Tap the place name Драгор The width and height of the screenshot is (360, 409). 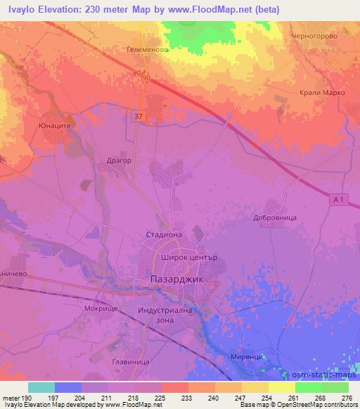click(119, 160)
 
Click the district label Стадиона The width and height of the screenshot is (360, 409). click(163, 235)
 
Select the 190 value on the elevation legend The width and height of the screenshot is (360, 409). click(21, 398)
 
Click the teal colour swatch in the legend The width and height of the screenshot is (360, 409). click(41, 387)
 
